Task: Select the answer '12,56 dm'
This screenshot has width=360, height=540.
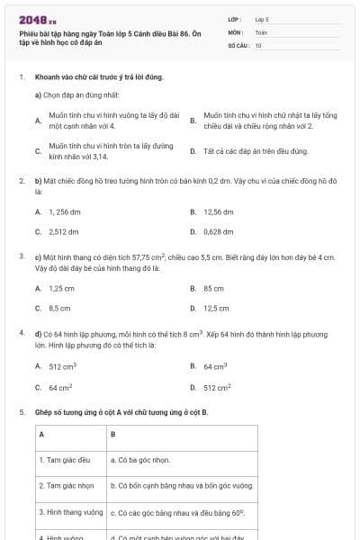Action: [219, 211]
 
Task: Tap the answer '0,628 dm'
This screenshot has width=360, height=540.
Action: [219, 231]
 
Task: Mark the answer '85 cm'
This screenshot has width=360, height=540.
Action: [213, 288]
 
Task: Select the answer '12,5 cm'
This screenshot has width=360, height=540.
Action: [216, 308]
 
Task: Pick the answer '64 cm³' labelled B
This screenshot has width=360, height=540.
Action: [215, 366]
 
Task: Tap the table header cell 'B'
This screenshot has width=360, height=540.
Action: [112, 434]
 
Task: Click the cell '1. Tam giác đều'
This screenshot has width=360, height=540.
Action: [65, 459]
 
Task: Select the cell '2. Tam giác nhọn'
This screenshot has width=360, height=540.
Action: [67, 485]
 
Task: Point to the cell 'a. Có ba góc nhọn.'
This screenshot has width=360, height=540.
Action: [140, 459]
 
